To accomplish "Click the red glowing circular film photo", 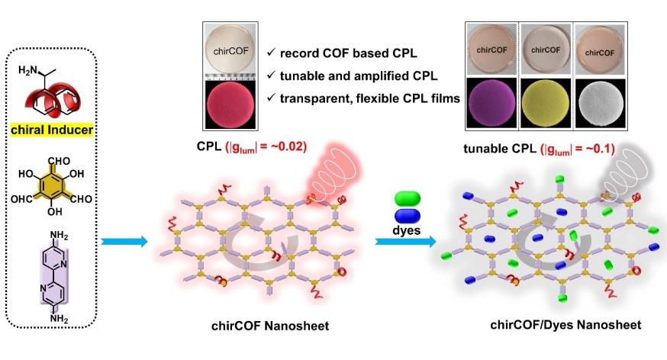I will [232, 106].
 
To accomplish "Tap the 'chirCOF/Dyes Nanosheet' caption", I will [565, 325].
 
